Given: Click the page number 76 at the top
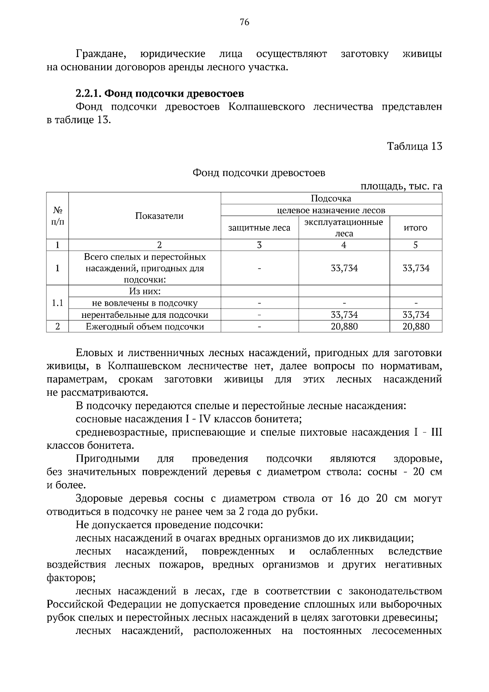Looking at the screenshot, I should tap(244, 22).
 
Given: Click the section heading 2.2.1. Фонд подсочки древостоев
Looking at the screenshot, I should tap(160, 94).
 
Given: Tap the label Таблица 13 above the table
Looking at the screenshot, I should tap(414, 146).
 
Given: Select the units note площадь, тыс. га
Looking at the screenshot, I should tap(401, 186).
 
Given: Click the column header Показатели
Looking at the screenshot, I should tap(159, 216).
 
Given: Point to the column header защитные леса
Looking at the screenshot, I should tap(259, 228).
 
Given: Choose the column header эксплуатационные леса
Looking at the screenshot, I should tap(344, 228).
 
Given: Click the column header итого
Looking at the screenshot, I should tap(415, 228).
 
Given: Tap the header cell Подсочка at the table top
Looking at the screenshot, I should tap(331, 198).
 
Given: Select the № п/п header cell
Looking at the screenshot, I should tap(57, 216).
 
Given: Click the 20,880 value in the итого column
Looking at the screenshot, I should tap(416, 326).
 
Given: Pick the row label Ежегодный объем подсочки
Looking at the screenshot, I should tap(145, 326).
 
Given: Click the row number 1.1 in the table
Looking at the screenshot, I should tap(57, 303).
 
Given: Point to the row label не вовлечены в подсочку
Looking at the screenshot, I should tap(145, 303).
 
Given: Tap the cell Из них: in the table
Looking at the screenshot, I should tap(145, 291).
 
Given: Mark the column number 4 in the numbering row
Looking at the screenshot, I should tap(344, 245).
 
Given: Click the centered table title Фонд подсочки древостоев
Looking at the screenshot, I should tap(259, 173).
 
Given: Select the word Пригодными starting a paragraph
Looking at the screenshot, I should tap(108, 459).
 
